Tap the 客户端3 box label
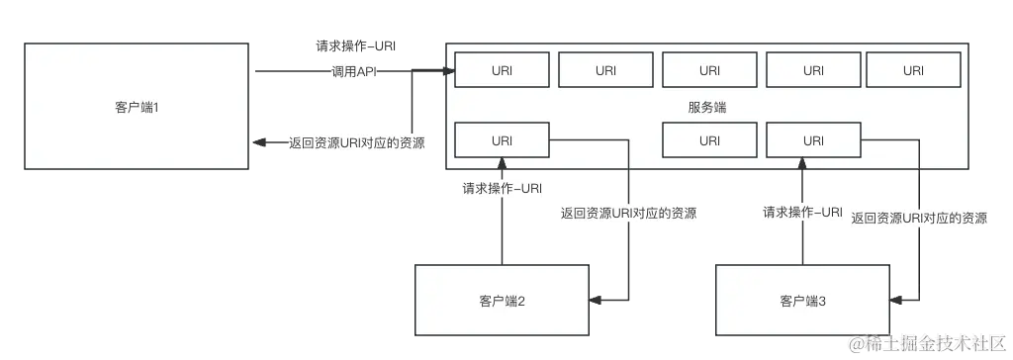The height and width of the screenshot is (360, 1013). [x=802, y=300]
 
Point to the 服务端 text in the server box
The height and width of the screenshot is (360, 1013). [x=706, y=107]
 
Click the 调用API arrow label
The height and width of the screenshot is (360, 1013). [x=351, y=71]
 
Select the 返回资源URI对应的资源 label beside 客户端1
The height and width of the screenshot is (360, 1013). [x=356, y=143]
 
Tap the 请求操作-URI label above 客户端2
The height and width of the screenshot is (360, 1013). [x=503, y=186]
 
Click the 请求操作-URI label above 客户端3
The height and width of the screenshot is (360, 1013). [x=802, y=212]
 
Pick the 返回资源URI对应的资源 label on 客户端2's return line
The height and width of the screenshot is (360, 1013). [x=628, y=214]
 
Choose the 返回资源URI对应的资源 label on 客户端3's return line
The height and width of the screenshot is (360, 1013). [x=919, y=219]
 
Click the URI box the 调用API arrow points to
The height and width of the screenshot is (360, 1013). [x=502, y=70]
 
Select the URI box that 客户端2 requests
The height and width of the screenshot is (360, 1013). [x=502, y=140]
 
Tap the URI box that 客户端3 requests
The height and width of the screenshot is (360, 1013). [x=812, y=140]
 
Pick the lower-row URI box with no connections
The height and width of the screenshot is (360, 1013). [x=709, y=140]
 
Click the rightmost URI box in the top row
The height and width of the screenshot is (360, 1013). [x=912, y=70]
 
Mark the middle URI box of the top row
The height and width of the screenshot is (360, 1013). [x=709, y=70]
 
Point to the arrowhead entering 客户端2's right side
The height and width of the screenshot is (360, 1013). [x=596, y=300]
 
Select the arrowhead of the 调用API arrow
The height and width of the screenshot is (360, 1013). [x=447, y=71]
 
